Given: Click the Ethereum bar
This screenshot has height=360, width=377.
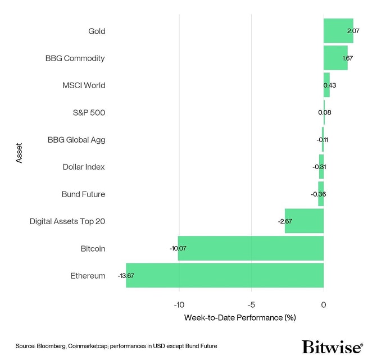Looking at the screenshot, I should tap(225, 275).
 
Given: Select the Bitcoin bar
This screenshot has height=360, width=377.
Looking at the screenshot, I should tap(251, 248).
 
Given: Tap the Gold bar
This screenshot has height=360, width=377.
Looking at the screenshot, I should tap(338, 31).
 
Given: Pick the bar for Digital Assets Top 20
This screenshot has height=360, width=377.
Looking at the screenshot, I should tap(304, 221).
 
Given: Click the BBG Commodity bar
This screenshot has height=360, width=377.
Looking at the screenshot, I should tap(335, 58).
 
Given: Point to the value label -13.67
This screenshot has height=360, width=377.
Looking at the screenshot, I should tap(126, 276).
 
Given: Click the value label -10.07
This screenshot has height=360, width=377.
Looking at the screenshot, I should tap(178, 248).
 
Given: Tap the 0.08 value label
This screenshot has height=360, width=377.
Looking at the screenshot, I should tap(324, 112).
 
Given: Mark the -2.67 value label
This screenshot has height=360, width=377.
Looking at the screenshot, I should tap(285, 221).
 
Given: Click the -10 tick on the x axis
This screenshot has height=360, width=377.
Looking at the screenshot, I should tap(179, 304).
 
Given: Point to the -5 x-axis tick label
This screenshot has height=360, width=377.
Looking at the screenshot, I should tap(251, 304).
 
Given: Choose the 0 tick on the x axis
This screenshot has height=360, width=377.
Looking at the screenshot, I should tap(324, 304).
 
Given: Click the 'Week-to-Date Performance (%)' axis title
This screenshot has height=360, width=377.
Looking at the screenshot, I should tap(239, 317).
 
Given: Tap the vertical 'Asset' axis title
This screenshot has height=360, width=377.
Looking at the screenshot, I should tap(19, 153).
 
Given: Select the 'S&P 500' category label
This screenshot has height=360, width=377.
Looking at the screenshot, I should tap(89, 112).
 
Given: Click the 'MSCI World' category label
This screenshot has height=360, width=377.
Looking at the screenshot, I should tap(84, 85).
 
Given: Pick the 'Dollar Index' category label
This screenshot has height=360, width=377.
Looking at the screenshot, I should tap(84, 167).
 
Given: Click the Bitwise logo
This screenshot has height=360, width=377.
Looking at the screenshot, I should tap(331, 347).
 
